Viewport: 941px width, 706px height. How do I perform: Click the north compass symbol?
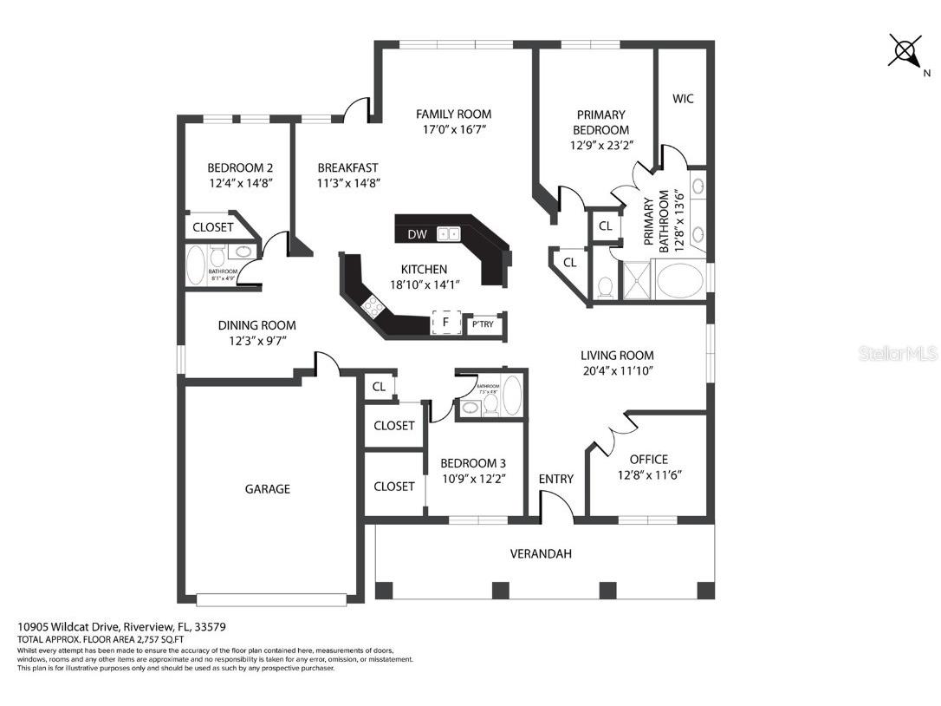pos(905,51)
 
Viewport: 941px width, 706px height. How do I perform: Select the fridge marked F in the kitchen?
pos(445,323)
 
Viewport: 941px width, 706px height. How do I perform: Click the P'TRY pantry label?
pos(482,325)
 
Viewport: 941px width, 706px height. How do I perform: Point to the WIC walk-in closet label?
pos(683,99)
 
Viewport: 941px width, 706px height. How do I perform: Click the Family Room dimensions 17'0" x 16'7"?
pos(453,130)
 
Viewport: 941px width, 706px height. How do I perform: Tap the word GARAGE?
pos(267,489)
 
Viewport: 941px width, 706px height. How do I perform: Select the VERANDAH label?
pos(540,553)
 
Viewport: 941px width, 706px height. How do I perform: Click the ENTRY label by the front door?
pos(555,479)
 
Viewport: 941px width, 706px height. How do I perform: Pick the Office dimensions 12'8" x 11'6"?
pos(649,475)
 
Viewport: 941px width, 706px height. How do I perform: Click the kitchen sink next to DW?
pos(449,234)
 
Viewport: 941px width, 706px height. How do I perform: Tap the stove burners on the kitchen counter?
pos(373,304)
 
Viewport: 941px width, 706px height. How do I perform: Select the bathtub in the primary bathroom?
pos(681,281)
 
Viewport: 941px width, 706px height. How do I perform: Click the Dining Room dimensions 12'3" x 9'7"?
pos(256,341)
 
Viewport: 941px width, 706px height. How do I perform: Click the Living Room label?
pos(617,355)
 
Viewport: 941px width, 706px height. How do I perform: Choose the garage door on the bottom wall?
pos(271,598)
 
